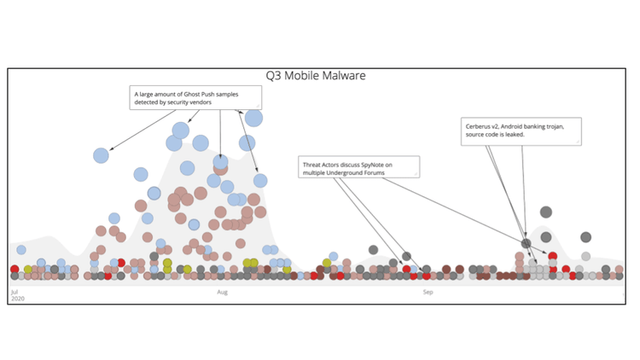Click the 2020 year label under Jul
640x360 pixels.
pos(17,299)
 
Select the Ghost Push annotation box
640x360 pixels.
pos(195,97)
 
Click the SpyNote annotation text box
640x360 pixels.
pos(358,167)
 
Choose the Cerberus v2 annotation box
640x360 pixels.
pos(521,130)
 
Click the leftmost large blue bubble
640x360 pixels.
pos(101,155)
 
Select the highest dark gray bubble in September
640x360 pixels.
pos(545,212)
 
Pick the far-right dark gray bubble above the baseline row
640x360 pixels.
pos(586,237)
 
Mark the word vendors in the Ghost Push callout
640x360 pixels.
pos(222,102)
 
